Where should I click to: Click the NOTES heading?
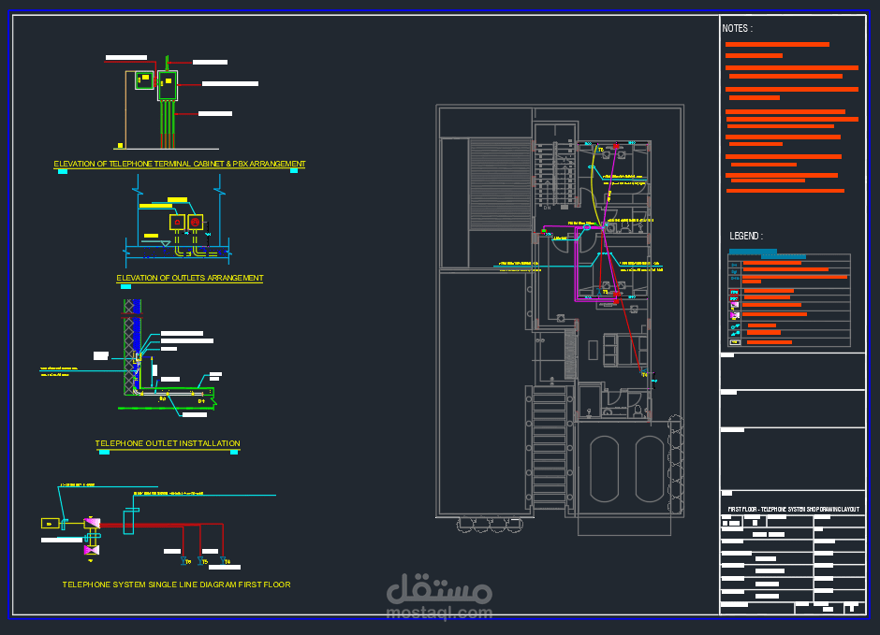tap(737, 29)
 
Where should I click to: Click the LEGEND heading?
tap(746, 237)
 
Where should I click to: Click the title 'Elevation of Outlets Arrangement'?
tap(190, 279)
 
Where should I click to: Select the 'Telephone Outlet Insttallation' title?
tap(168, 443)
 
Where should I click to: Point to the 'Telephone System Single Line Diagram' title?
tap(176, 584)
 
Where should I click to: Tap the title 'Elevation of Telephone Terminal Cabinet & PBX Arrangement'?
tap(180, 165)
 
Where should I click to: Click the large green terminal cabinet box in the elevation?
tap(167, 85)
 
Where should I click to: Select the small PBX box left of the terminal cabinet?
tap(143, 80)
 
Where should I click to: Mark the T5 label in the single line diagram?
tap(205, 562)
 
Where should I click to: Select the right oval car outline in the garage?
tap(650, 469)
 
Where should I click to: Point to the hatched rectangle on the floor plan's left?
tap(500, 183)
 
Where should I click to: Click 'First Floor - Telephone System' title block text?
tap(793, 509)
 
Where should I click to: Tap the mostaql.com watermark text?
tap(438, 613)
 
